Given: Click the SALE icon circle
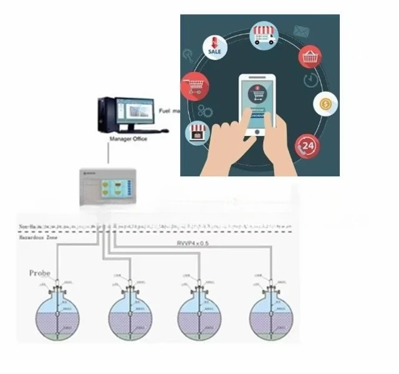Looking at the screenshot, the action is [x=213, y=47].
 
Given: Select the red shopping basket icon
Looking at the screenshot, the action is [x=310, y=57].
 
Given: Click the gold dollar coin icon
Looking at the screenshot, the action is [x=325, y=103].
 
